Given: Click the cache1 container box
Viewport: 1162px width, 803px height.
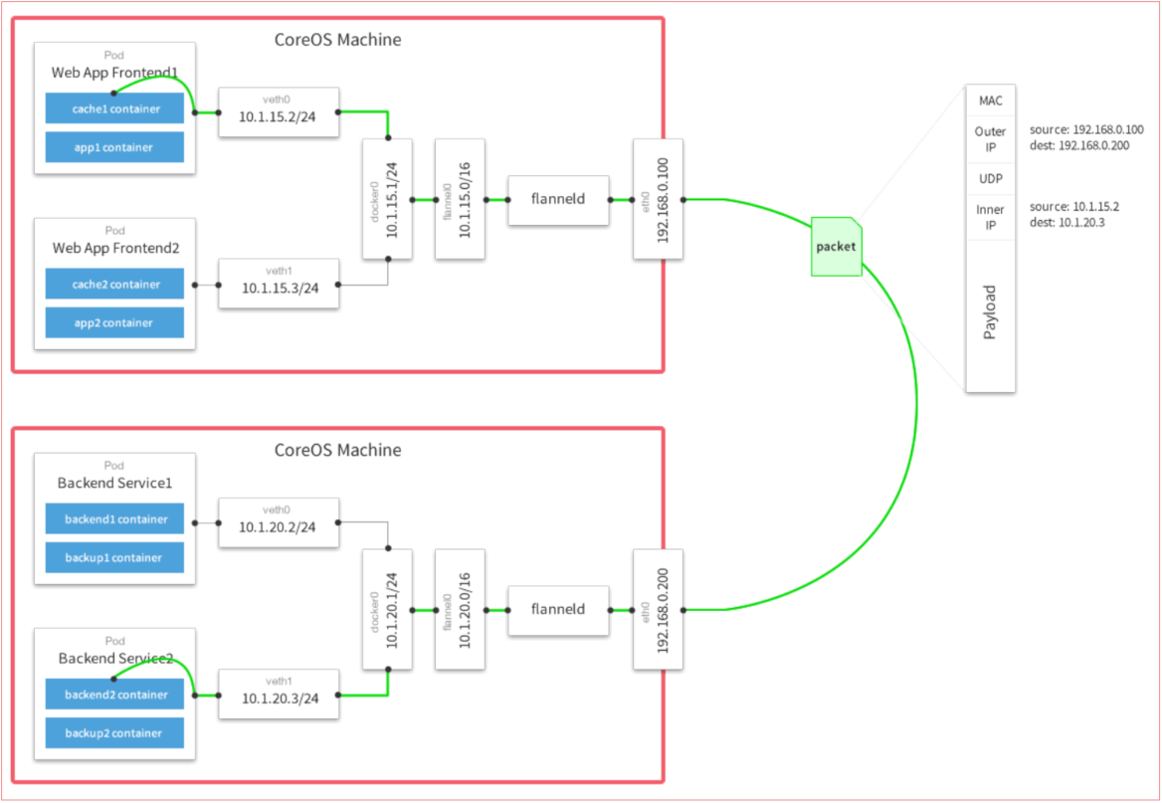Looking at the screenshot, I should click(x=114, y=107).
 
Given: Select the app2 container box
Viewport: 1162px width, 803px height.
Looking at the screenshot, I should click(x=114, y=322).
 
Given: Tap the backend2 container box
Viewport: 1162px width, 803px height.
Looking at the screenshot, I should click(x=114, y=695).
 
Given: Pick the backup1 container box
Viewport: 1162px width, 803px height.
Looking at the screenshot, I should click(x=114, y=557).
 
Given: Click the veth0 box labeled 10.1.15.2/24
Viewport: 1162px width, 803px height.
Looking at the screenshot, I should click(x=279, y=112).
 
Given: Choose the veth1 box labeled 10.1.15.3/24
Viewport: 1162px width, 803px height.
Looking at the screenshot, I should click(x=279, y=284).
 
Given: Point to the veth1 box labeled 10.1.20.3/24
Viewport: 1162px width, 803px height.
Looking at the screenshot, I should click(x=279, y=695).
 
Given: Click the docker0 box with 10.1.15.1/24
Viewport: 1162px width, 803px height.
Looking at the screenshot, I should click(x=388, y=199).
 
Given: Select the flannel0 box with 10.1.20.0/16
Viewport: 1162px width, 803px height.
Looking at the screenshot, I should click(x=460, y=609).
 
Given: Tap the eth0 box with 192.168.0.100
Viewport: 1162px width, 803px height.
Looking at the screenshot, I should click(x=659, y=199).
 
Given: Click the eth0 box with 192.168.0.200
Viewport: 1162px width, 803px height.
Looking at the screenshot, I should click(x=659, y=609).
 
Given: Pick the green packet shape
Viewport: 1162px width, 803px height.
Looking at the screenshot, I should click(x=836, y=246).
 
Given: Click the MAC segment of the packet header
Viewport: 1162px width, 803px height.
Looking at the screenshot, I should click(x=990, y=100).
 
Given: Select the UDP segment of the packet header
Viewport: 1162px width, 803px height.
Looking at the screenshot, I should click(x=990, y=178).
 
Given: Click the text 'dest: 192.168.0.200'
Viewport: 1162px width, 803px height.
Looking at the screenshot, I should click(x=1086, y=144).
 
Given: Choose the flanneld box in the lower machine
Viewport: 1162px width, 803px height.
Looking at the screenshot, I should click(x=557, y=609).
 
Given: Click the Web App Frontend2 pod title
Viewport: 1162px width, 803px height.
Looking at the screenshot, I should click(x=114, y=248).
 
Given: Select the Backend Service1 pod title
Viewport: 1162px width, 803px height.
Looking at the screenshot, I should click(x=114, y=483).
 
